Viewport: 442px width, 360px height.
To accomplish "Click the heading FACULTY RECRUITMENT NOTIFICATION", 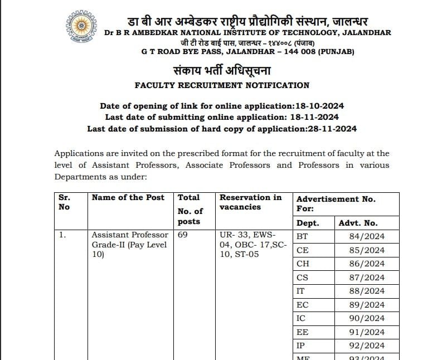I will [x=222, y=85].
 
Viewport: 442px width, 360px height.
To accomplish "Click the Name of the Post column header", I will [x=128, y=197].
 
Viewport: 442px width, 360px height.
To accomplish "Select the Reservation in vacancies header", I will [x=251, y=202].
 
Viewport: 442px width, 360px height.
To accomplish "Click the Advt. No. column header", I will [x=358, y=223].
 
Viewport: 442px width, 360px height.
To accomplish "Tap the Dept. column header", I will [x=308, y=223].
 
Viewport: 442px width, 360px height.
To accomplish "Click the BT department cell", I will [x=303, y=236].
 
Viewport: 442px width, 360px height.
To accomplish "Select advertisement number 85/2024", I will [x=367, y=250].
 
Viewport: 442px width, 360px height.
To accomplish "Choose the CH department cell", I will [x=303, y=264].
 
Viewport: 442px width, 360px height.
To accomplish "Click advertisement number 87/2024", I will [x=367, y=278].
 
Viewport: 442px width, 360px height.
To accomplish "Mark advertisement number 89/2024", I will [x=367, y=305].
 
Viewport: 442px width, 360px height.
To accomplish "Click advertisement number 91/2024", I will [x=367, y=332].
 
